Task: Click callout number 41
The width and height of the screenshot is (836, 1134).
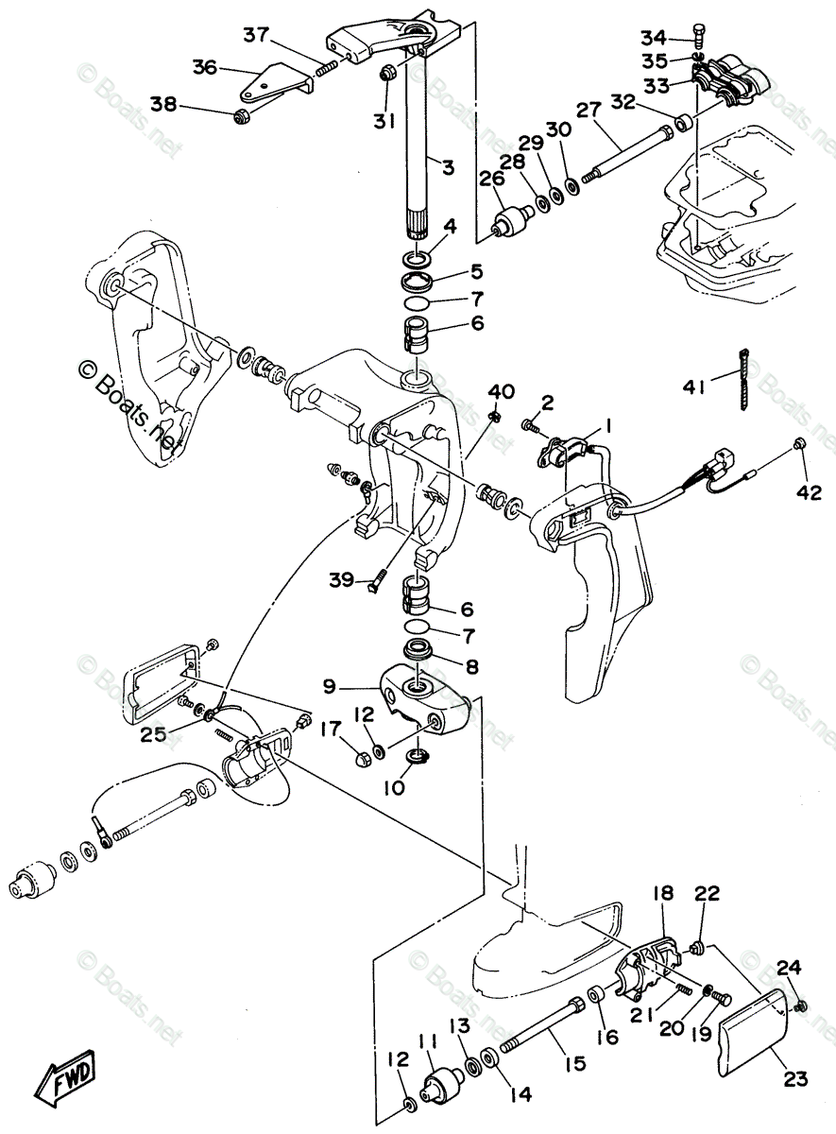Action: point(694,387)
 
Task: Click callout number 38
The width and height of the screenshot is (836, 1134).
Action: point(163,105)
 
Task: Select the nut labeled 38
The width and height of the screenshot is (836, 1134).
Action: point(241,117)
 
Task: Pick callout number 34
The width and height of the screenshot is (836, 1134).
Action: point(653,38)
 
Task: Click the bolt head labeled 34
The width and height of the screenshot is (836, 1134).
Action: point(699,31)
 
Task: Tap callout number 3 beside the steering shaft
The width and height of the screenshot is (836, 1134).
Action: point(447,167)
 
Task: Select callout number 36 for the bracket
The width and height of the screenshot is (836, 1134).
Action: point(205,67)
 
